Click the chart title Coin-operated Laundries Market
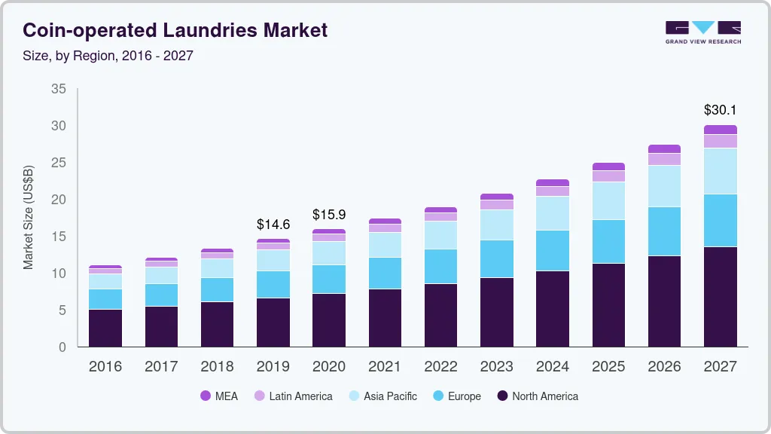coord(175,30)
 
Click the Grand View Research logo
coord(702,32)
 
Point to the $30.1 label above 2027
coord(720,110)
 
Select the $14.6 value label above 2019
coord(273,225)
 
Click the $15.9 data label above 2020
coord(329,215)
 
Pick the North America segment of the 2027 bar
coord(720,296)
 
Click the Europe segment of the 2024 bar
coord(553,250)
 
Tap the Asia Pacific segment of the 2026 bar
coord(664,185)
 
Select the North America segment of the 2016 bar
coord(105,328)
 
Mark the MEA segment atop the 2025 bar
coord(608,167)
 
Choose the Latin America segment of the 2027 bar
coord(720,141)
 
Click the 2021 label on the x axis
coord(385,367)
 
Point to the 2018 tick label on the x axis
coord(217,367)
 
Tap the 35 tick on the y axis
coord(58,89)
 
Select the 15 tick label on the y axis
coord(58,237)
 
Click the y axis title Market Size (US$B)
coord(29,217)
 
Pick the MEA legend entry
coord(218,396)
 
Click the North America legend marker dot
coord(501,396)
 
